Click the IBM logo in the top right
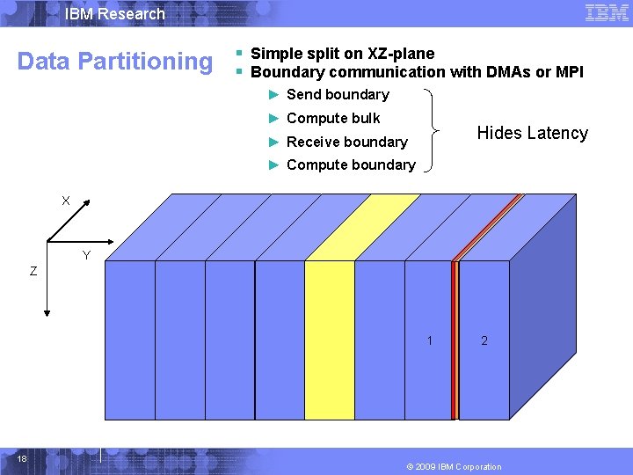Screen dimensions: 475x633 pos(607,13)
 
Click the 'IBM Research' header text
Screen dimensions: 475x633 pos(115,14)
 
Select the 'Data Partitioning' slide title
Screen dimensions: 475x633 pos(115,62)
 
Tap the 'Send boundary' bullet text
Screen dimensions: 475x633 pos(338,95)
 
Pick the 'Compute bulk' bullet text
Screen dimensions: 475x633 pos(333,119)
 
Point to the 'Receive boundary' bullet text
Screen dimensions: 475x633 pos(346,142)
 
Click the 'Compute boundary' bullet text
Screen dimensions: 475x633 pos(351,165)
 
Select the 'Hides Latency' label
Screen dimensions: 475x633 pos(532,134)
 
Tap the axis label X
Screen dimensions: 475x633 pos(66,201)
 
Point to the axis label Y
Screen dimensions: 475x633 pos(85,256)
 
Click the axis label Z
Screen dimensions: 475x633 pos(33,272)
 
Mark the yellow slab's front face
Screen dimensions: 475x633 pos(330,340)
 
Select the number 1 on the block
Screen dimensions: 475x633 pos(429,340)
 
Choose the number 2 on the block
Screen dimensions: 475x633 pos(484,340)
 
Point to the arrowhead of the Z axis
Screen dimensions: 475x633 pos(47,311)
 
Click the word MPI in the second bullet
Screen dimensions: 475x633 pos(568,72)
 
